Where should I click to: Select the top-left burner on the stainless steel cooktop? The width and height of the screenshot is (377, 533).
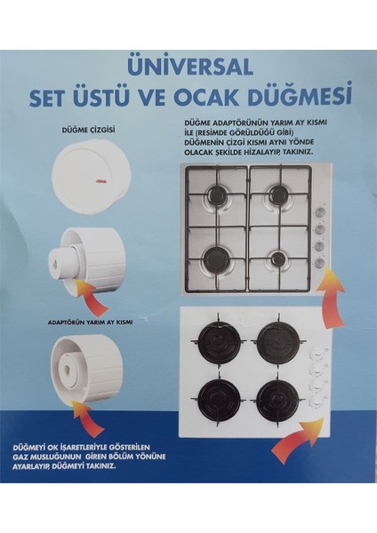[x=218, y=196]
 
